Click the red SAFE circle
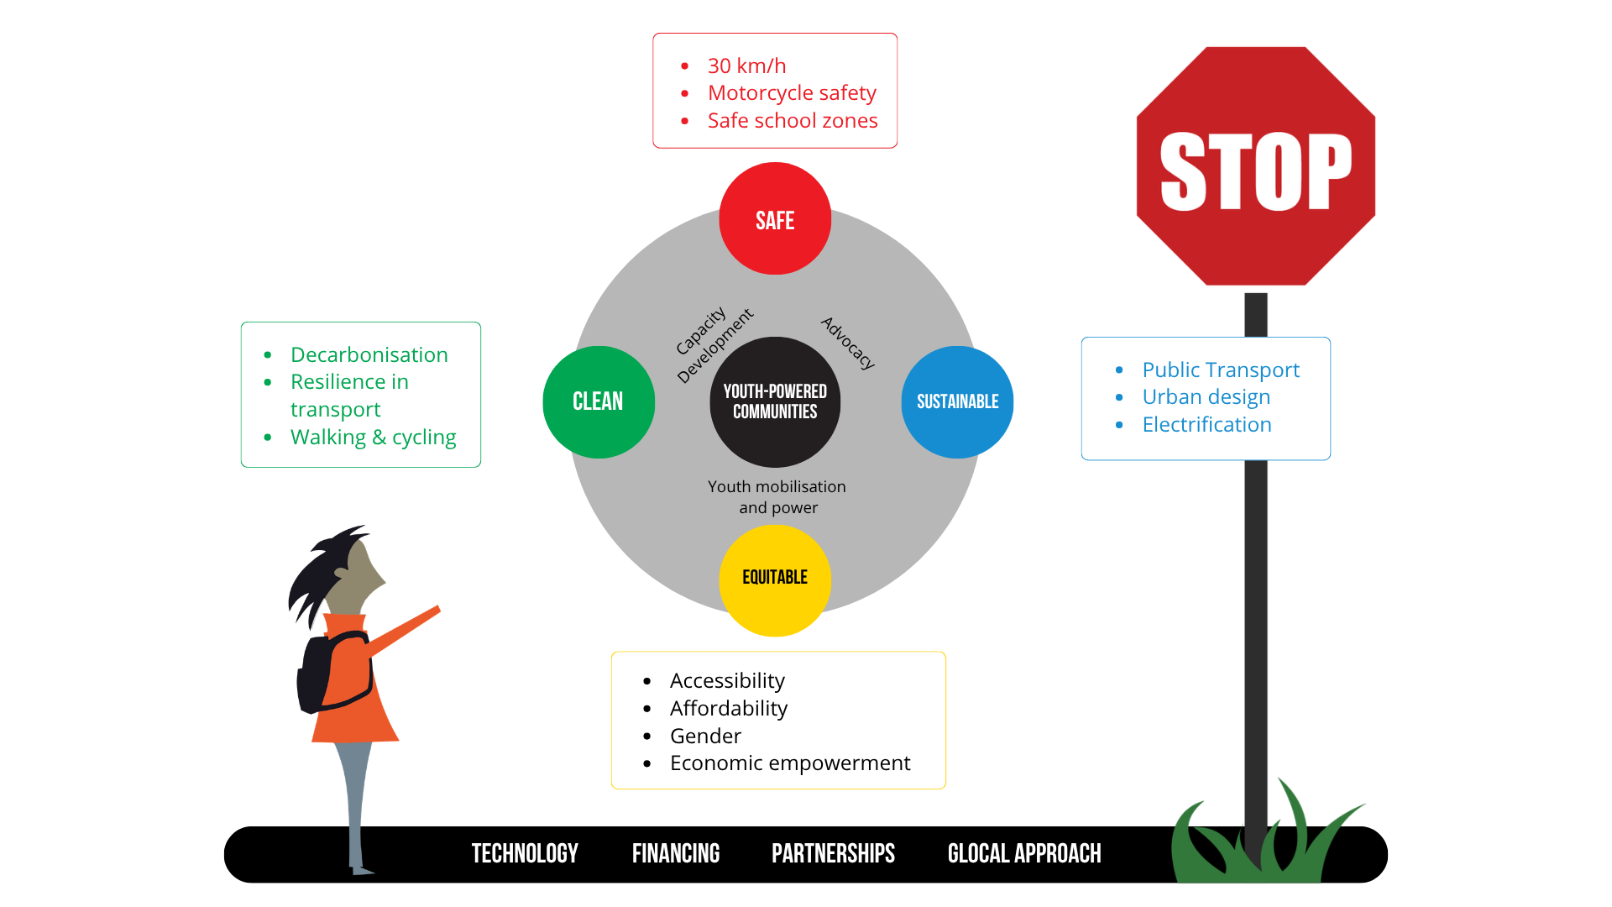click(x=775, y=218)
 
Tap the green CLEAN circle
click(x=599, y=401)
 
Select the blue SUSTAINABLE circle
click(x=957, y=401)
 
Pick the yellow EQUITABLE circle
click(x=775, y=580)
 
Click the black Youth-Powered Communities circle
click(x=775, y=401)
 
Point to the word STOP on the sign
click(x=1256, y=171)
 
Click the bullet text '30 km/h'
click(x=746, y=66)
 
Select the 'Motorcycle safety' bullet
click(x=792, y=93)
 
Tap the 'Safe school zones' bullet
click(x=793, y=121)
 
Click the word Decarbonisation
click(x=369, y=355)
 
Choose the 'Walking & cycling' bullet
click(x=374, y=438)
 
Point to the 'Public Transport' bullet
click(x=1221, y=370)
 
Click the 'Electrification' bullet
click(x=1206, y=425)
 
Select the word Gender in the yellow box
click(x=705, y=737)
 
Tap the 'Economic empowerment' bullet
click(x=790, y=763)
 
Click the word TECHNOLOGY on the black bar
click(x=525, y=853)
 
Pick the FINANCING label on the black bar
click(x=676, y=853)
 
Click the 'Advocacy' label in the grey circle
click(x=848, y=343)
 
